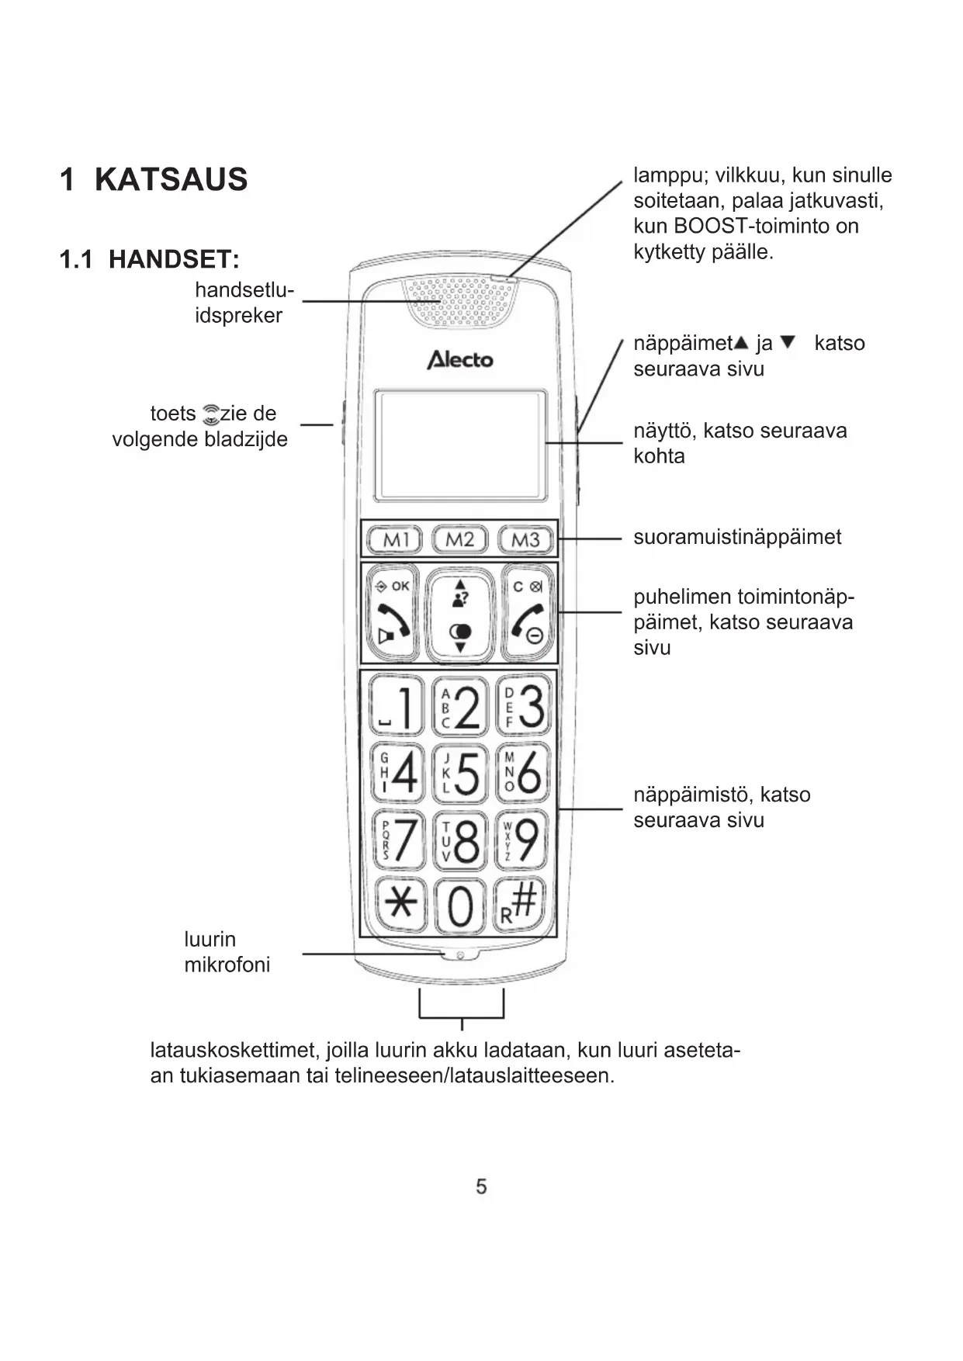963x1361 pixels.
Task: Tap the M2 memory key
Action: (459, 539)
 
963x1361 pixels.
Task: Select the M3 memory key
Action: (525, 539)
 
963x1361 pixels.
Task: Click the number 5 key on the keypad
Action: (459, 773)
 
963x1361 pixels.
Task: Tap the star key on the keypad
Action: (400, 904)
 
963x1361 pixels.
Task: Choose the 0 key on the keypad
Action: (460, 906)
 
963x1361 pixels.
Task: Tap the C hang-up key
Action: (528, 612)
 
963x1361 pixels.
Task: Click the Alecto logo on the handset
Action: (460, 359)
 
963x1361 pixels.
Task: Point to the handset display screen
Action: (460, 445)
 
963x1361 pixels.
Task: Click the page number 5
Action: (481, 1186)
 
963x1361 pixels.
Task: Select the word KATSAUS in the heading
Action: (171, 179)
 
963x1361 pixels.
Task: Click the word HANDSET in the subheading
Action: (171, 259)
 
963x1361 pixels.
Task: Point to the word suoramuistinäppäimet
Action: (736, 537)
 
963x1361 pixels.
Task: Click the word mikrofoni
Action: (227, 965)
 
